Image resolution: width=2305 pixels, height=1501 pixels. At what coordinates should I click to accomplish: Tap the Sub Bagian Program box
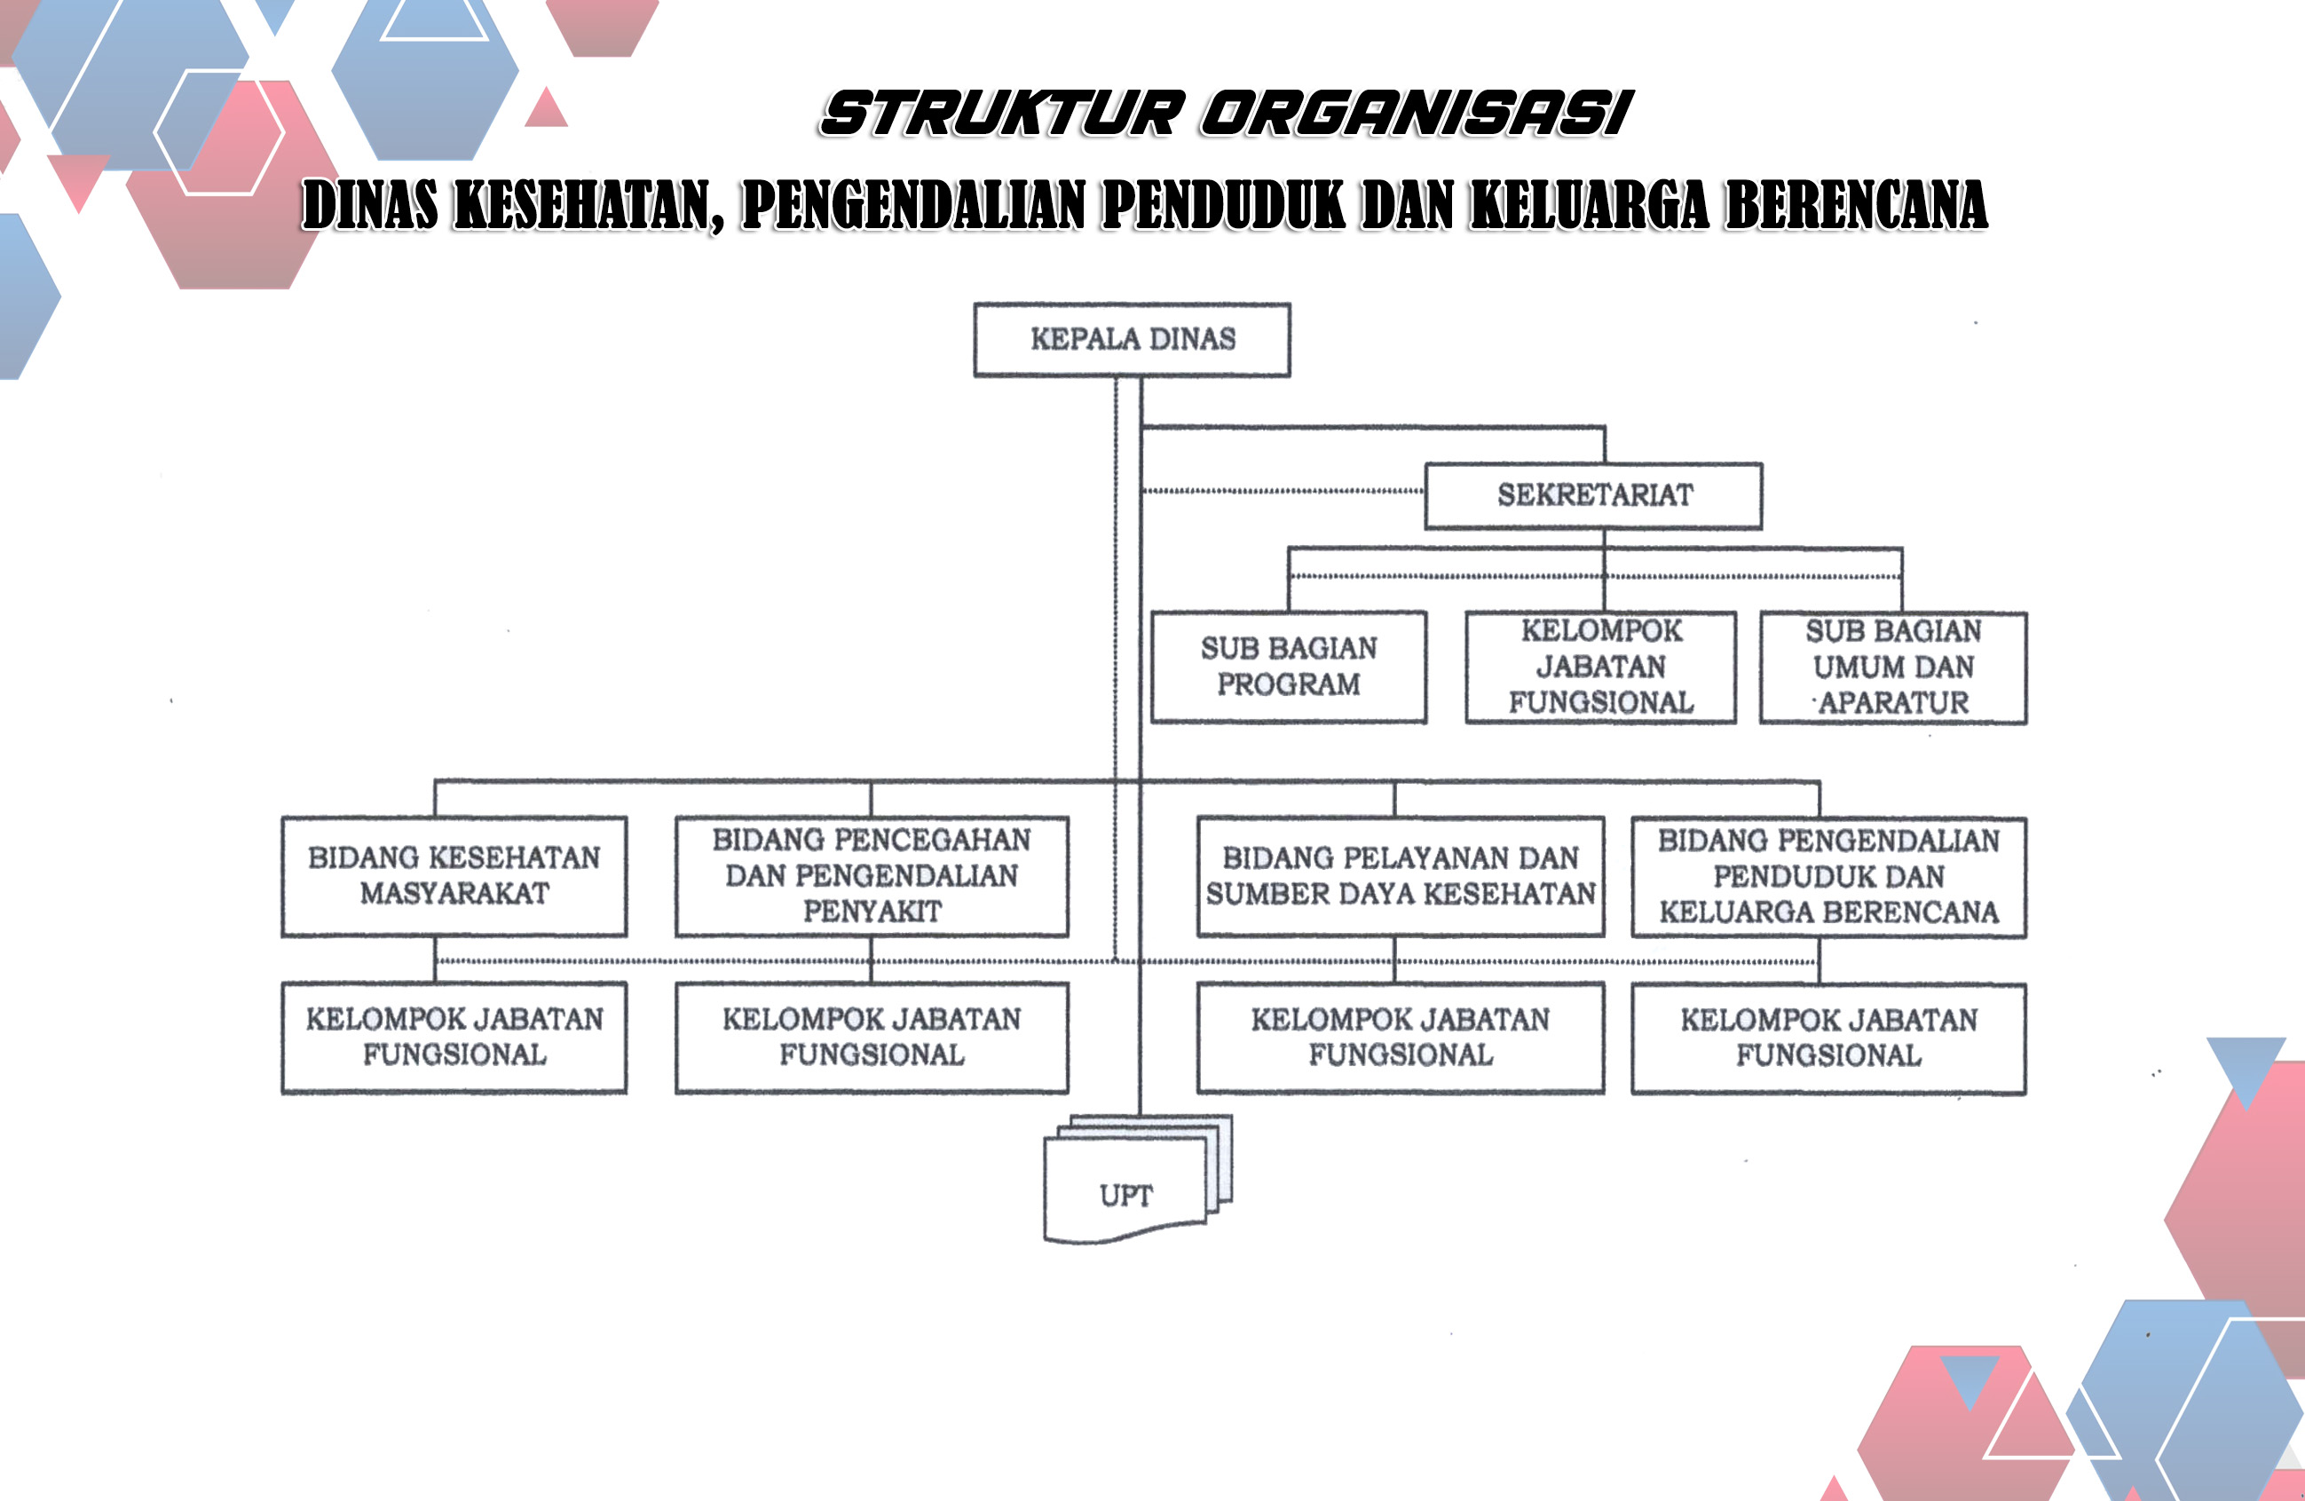(x=1288, y=668)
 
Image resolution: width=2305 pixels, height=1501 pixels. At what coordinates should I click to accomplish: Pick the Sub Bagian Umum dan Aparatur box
(x=1893, y=668)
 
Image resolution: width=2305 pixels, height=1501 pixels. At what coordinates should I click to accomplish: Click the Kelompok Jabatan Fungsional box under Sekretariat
(x=1600, y=668)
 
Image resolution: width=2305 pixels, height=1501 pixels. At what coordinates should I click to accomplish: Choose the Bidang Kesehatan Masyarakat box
(x=454, y=876)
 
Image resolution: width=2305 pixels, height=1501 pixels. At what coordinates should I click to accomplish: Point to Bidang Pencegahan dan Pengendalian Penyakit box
(x=872, y=876)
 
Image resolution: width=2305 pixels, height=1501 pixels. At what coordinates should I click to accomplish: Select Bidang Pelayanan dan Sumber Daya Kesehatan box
(x=1401, y=876)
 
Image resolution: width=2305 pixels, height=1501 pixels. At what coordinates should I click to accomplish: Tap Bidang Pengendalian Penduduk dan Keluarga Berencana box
(x=1828, y=877)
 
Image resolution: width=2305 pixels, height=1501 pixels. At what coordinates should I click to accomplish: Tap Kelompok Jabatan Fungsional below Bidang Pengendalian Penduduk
(x=1828, y=1039)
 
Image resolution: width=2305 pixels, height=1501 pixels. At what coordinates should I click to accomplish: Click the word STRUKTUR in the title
(x=1003, y=114)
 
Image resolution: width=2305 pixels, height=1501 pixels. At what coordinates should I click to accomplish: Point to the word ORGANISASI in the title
(x=1417, y=114)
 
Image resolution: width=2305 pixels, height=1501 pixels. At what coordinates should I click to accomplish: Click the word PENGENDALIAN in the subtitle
(x=913, y=205)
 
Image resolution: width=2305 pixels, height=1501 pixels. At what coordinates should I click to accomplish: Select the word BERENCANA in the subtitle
(x=1857, y=205)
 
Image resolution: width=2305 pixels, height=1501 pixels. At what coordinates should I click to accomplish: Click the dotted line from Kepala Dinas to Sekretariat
(x=1284, y=492)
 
